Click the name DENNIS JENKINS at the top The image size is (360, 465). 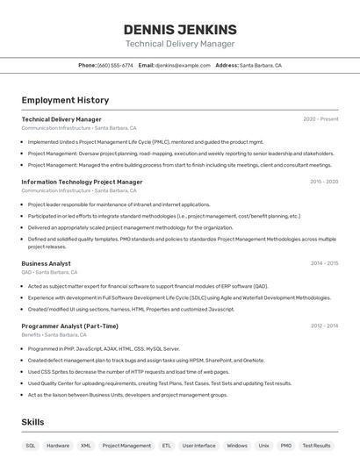click(180, 29)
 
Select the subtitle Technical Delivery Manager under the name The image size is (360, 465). click(180, 44)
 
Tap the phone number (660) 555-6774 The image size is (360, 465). click(115, 65)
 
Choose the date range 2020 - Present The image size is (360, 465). click(320, 119)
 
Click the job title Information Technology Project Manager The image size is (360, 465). click(82, 182)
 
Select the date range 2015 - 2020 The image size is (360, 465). click(324, 182)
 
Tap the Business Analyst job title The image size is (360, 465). click(47, 263)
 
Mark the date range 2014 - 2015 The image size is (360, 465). click(324, 263)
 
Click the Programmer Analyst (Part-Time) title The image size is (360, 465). click(69, 325)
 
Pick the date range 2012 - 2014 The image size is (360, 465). click(324, 325)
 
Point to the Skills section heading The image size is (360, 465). click(32, 422)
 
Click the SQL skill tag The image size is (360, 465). click(31, 446)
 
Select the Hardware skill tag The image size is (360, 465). click(58, 446)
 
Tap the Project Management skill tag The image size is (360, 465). click(126, 446)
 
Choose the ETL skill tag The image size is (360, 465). click(166, 446)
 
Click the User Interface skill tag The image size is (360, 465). click(198, 446)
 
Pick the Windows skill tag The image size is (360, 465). click(237, 446)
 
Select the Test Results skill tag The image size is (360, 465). click(316, 446)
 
